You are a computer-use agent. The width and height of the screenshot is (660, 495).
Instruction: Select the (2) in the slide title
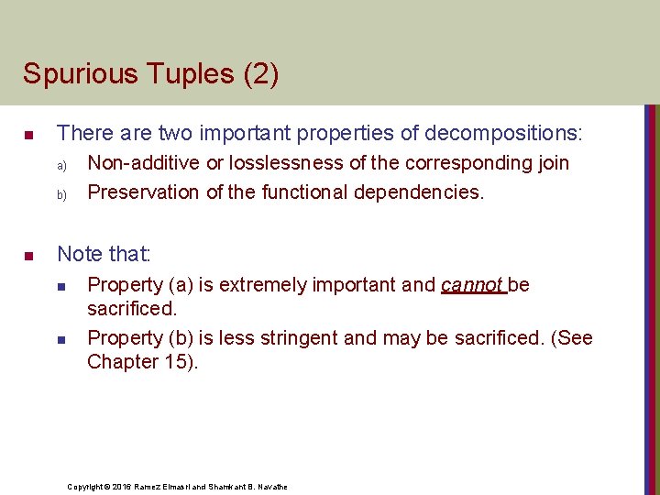tap(260, 73)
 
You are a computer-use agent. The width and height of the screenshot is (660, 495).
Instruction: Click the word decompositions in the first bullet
tap(499, 133)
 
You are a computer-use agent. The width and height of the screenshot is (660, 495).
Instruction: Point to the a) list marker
tap(63, 166)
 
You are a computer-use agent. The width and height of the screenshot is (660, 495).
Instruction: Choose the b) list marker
tap(63, 195)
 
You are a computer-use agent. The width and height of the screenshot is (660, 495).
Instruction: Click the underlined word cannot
tap(471, 284)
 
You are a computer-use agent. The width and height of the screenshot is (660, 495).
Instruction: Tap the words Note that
tap(104, 252)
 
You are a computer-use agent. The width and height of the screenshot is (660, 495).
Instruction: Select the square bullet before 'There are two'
tap(28, 136)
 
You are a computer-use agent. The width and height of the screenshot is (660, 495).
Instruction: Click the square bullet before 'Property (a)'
tap(63, 287)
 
